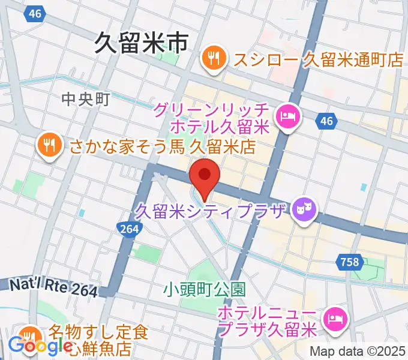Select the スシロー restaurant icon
(214, 59)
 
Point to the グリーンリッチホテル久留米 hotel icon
(287, 116)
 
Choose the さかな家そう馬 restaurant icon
(47, 145)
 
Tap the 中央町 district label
(85, 100)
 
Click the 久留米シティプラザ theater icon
(304, 209)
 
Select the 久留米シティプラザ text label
(212, 211)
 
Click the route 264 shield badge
(128, 229)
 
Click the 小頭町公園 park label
(205, 289)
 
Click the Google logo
(39, 346)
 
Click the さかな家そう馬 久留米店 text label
(162, 146)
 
